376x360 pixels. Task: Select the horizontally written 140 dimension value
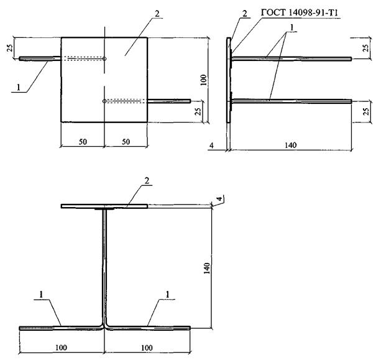tap(290, 145)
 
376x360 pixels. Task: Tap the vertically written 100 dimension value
tap(203, 79)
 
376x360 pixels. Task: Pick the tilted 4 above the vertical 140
tap(219, 199)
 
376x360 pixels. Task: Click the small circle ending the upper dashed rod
tap(104, 59)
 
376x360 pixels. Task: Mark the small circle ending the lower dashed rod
tap(104, 101)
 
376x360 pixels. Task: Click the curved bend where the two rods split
tap(104, 323)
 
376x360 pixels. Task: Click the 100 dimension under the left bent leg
tap(60, 347)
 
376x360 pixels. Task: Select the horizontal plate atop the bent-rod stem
tap(104, 205)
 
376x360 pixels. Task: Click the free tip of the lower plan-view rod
tap(188, 101)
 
